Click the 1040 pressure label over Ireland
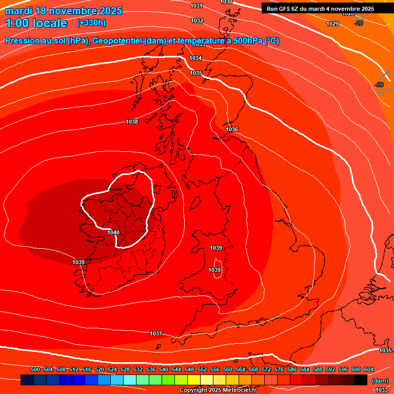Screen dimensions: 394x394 113,232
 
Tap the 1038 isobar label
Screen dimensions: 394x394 132,122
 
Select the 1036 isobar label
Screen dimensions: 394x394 232,129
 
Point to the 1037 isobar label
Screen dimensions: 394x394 156,333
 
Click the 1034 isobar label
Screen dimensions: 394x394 195,58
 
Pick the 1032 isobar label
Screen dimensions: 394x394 197,21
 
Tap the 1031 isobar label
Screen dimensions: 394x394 196,6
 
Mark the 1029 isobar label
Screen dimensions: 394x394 332,24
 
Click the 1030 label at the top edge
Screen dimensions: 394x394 226,2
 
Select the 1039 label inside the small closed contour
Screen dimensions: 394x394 214,270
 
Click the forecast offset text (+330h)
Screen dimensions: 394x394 91,23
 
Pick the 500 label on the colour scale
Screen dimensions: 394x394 35,369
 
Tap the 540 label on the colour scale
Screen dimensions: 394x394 164,369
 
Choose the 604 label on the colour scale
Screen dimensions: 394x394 369,369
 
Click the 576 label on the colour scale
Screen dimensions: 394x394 279,369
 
